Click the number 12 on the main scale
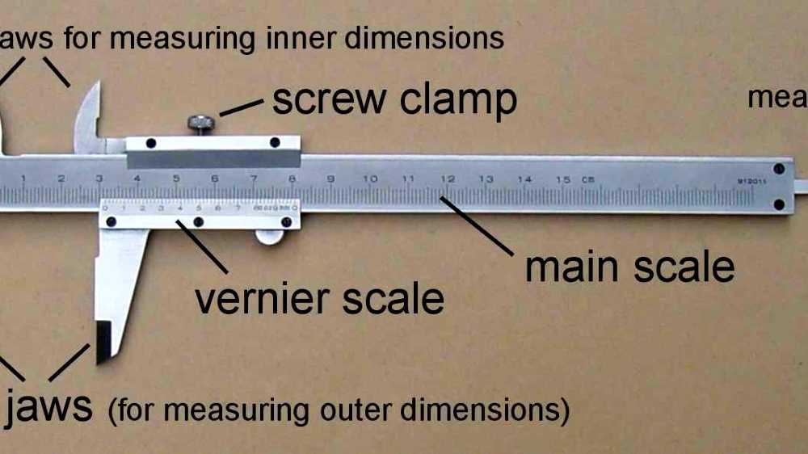point(448,178)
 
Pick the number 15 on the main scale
point(564,178)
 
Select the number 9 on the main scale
point(330,178)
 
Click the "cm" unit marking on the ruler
point(587,178)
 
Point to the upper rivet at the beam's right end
point(779,170)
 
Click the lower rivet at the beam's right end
point(779,204)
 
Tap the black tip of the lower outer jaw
point(104,342)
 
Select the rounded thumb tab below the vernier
point(270,236)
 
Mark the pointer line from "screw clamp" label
point(242,107)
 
